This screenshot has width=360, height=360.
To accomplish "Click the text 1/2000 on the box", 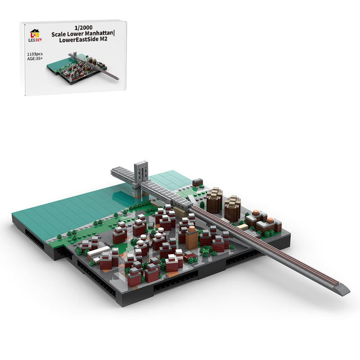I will tap(83, 28).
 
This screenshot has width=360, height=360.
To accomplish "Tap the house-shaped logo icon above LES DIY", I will tap(35, 33).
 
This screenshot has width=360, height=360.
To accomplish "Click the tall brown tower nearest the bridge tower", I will tap(214, 201).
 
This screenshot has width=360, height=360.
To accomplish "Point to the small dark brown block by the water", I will tap(197, 182).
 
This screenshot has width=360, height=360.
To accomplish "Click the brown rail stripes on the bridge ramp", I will tap(281, 254).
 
